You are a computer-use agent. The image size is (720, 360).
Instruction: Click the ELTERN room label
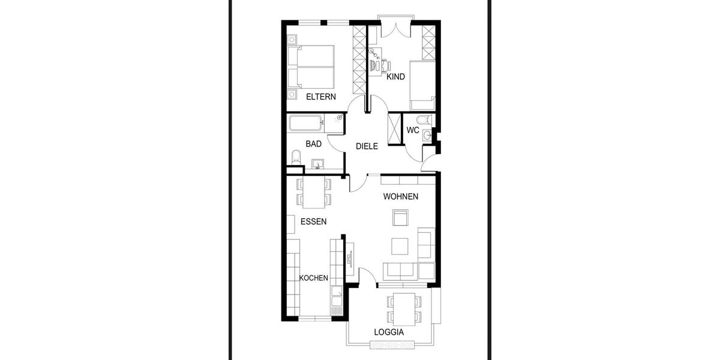(321, 97)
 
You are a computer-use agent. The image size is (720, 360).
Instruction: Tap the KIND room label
(395, 77)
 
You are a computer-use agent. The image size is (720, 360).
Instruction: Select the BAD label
(313, 144)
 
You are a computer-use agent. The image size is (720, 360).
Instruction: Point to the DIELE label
(367, 146)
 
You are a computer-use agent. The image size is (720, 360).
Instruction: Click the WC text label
(412, 130)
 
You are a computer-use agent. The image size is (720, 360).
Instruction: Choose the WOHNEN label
(401, 197)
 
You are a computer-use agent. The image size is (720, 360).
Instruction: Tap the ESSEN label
(313, 221)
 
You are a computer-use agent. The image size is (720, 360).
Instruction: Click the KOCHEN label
(313, 278)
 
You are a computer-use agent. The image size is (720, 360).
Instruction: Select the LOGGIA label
(388, 332)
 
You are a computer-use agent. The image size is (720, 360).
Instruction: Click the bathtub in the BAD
(307, 124)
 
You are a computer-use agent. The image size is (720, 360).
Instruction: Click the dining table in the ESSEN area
(313, 192)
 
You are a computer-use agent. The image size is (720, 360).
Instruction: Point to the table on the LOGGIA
(401, 307)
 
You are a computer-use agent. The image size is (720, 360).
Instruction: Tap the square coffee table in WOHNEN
(400, 246)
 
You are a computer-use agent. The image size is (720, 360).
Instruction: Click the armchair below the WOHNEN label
(400, 217)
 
